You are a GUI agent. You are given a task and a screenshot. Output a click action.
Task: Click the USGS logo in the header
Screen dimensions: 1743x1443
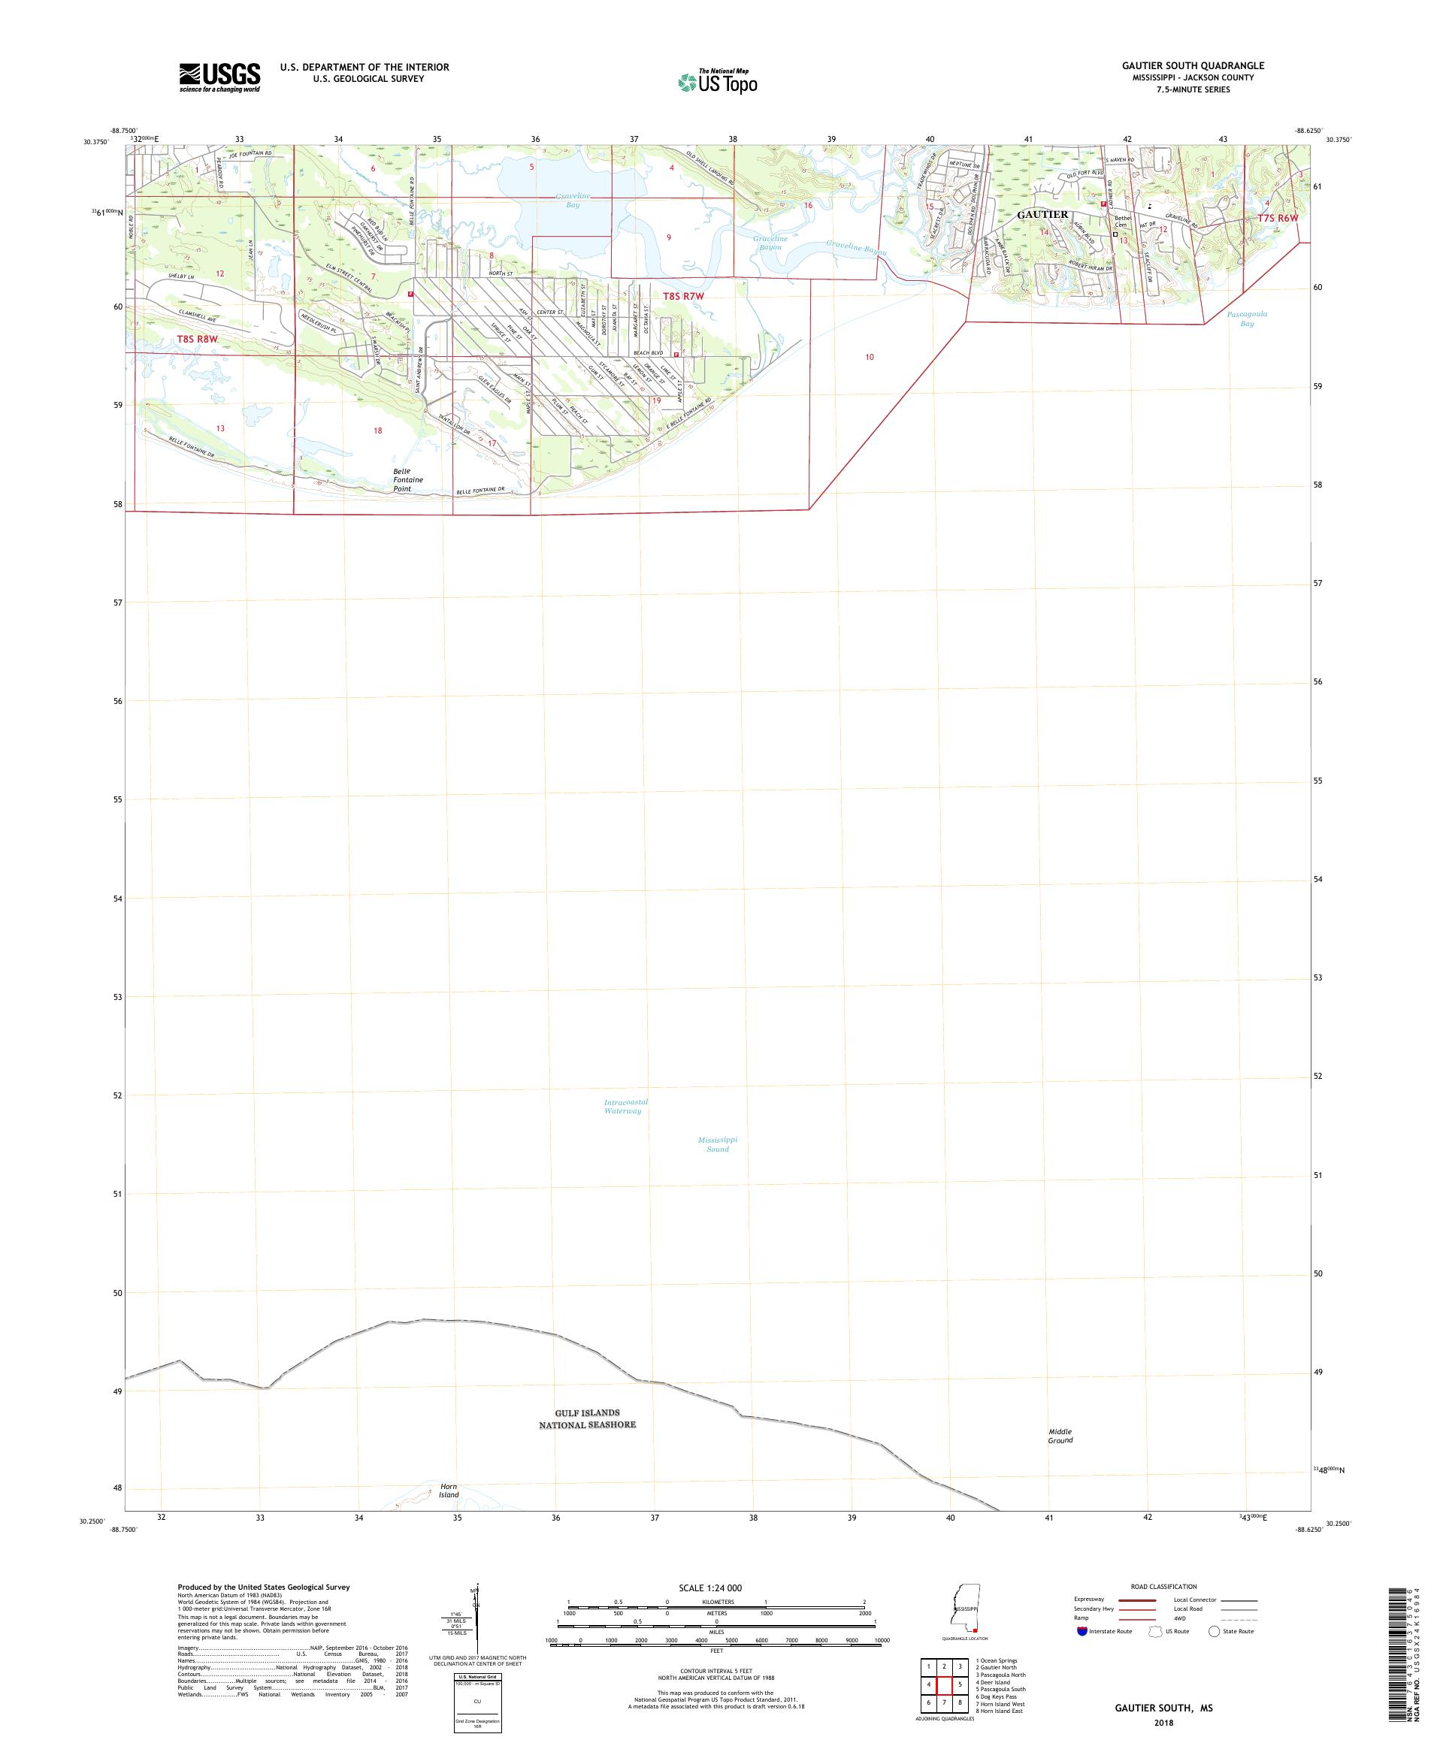click(219, 78)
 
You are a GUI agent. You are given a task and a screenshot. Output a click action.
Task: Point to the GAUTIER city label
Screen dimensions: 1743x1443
click(1042, 214)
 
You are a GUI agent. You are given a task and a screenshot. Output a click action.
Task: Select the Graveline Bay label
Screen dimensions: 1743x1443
click(573, 200)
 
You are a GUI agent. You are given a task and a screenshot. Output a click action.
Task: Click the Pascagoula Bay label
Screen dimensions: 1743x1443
click(1247, 319)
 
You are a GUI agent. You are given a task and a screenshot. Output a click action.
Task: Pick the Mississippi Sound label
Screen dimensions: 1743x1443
click(717, 1143)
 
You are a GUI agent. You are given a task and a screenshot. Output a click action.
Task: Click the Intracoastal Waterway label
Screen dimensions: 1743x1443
click(625, 1107)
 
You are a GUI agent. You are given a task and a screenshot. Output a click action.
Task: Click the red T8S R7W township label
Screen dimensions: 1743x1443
click(683, 296)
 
